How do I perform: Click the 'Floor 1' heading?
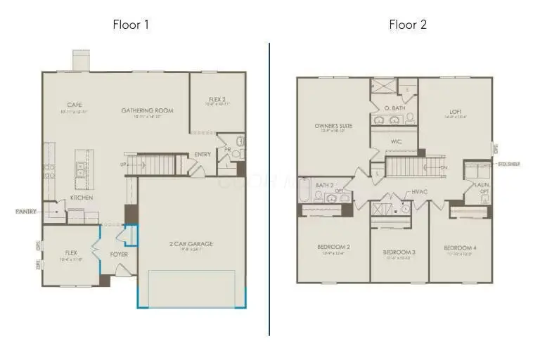131,25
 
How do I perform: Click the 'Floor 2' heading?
408,25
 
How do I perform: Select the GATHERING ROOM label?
147,110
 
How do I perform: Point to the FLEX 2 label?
217,99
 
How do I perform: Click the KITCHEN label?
82,198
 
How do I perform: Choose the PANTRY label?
25,211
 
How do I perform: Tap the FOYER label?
119,254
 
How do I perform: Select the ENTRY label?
202,155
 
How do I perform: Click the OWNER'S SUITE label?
333,126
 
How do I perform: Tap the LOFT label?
456,111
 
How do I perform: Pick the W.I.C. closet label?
396,141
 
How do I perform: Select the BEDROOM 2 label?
333,247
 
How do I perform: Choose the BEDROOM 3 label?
399,252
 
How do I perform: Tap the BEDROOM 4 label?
460,247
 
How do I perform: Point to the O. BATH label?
394,108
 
